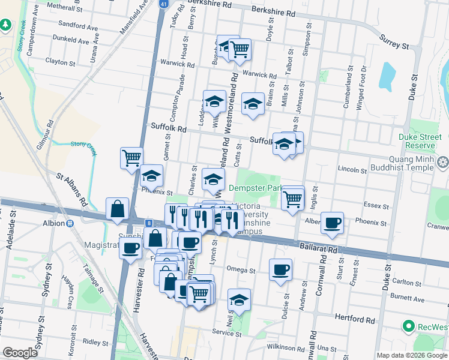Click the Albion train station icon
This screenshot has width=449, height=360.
(70, 223)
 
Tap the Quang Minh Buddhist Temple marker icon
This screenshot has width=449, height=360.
(443, 162)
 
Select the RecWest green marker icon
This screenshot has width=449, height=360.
(409, 326)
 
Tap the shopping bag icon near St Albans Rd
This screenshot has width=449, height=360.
(118, 209)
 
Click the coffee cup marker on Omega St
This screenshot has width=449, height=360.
(280, 270)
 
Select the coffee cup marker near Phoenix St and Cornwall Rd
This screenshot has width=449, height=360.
(332, 223)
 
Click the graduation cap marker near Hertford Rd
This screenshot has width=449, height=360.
(239, 300)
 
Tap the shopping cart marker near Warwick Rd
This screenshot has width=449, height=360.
(240, 49)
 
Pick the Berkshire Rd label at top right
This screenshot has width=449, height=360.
(273, 13)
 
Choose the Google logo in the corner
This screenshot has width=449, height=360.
(20, 353)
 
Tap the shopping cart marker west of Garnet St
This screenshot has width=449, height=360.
(131, 158)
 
